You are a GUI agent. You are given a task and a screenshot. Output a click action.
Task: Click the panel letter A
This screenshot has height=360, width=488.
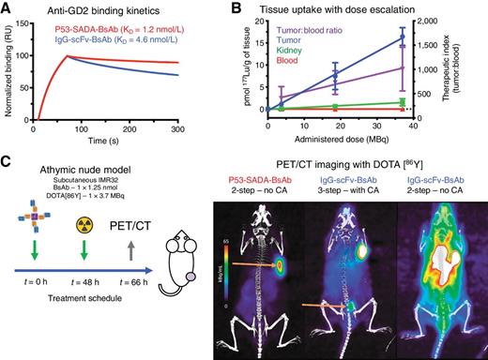click(8, 9)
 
